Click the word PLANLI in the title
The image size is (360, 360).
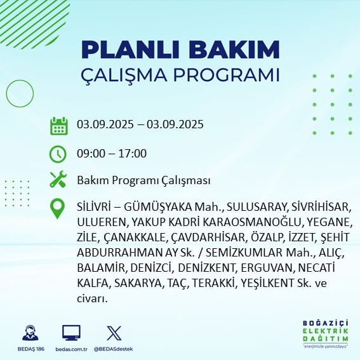[130, 50]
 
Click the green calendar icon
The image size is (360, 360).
[59, 126]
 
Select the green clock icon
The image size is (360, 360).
[58, 154]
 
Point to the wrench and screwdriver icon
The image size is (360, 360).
[58, 179]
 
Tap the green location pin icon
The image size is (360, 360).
[57, 208]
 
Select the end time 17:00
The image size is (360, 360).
[133, 154]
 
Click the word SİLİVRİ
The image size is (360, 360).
[93, 207]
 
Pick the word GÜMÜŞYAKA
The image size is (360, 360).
[158, 207]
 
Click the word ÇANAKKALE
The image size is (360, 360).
[135, 237]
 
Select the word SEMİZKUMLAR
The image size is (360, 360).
[244, 252]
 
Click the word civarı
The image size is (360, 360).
[92, 298]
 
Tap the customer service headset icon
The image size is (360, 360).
[30, 333]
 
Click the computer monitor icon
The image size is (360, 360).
[71, 333]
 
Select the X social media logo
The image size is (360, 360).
[114, 333]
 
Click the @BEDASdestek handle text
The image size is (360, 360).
[113, 349]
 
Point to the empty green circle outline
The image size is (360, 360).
[20, 80]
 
